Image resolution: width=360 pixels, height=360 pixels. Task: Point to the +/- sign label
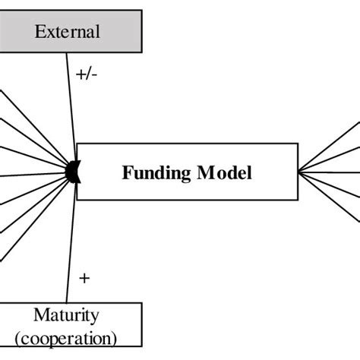[86, 74]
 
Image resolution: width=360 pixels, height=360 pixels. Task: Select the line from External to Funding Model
[70, 106]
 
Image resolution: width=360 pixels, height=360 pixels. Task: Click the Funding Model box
[186, 171]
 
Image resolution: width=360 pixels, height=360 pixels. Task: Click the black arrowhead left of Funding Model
[73, 171]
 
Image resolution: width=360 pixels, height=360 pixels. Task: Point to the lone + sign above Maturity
[84, 278]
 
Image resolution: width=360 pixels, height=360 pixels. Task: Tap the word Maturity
[66, 314]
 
